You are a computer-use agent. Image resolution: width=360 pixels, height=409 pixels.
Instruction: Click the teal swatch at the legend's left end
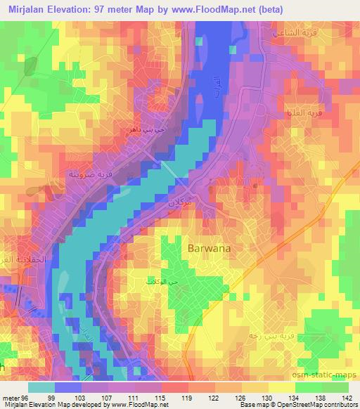[x=41, y=387]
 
